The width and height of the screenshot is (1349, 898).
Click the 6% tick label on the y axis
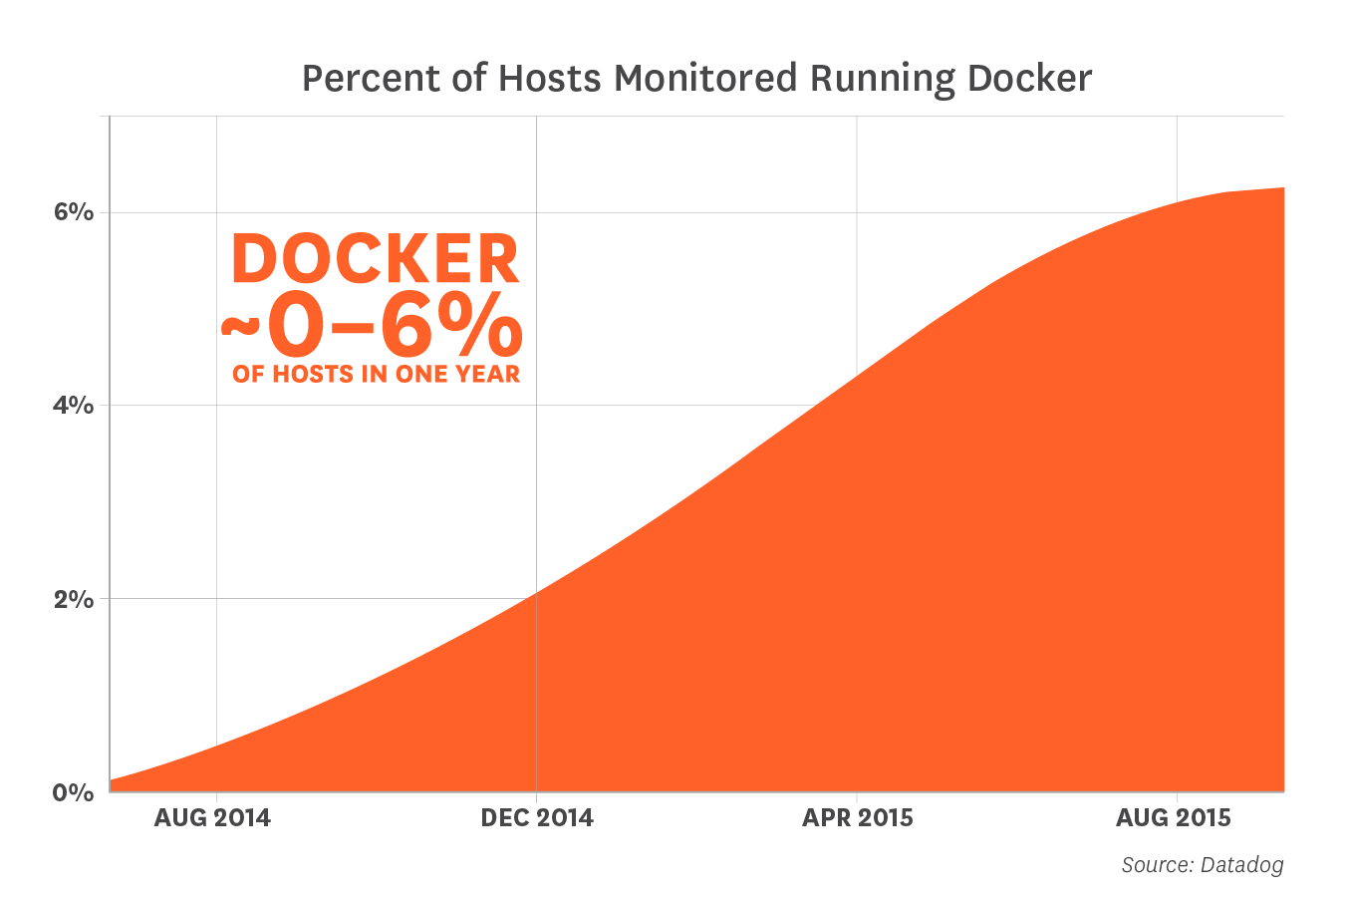click(74, 212)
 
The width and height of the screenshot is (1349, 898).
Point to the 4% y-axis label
click(74, 406)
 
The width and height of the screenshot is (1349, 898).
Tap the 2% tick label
click(74, 599)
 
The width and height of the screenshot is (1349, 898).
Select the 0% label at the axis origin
click(74, 792)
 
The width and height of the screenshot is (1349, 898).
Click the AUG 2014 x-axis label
click(212, 818)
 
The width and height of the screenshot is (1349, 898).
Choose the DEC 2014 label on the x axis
click(536, 818)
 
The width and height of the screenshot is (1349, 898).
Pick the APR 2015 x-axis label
click(858, 818)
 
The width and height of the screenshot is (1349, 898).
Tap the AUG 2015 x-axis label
click(1174, 818)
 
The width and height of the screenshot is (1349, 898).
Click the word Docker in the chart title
click(1030, 79)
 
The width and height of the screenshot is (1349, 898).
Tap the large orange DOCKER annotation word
click(375, 261)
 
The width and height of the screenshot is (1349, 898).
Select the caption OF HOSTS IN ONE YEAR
click(376, 375)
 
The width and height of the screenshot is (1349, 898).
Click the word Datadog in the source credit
click(1241, 865)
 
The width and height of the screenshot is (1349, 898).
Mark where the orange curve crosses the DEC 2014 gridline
click(536, 593)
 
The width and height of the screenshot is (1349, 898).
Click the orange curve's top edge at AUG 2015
click(1178, 202)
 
